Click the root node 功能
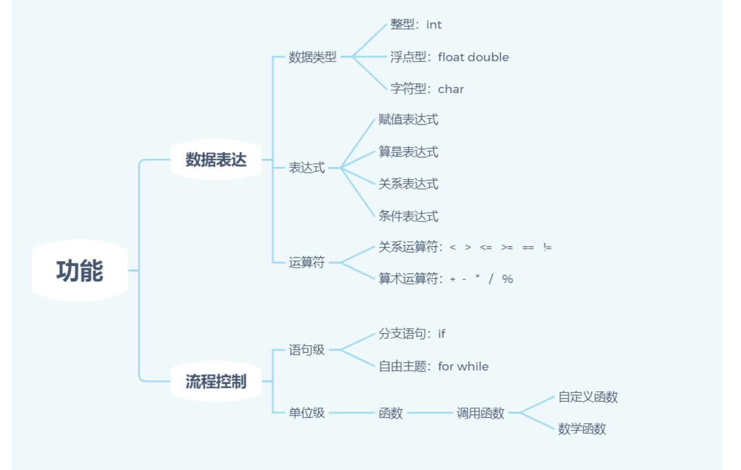point(80,271)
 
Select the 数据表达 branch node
point(216,160)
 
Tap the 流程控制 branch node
point(216,382)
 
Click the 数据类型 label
point(313,57)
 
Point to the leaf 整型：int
point(416,25)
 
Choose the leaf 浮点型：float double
point(449,57)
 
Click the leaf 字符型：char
point(427,89)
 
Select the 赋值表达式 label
point(408,119)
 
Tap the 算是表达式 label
point(408,152)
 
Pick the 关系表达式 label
point(408,184)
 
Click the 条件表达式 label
point(408,217)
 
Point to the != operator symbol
point(547,247)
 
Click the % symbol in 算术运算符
point(507,279)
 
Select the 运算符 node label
point(307,263)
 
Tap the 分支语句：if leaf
point(412,334)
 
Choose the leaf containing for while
point(434,366)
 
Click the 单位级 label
point(307,413)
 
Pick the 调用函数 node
point(480,413)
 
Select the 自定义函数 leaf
point(588,397)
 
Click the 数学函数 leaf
point(582,429)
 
